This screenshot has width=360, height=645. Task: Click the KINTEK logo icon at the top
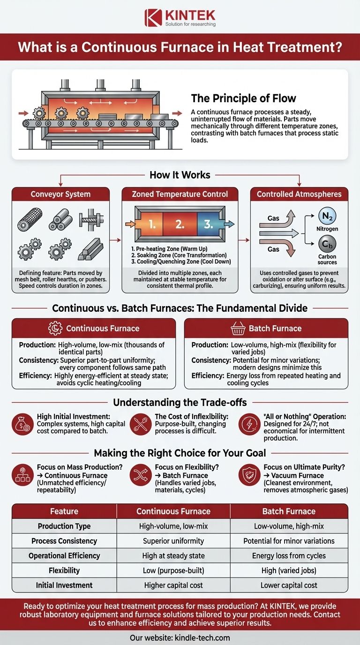153,18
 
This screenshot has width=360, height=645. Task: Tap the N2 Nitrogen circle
327,216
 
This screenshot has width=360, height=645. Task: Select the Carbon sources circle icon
327,244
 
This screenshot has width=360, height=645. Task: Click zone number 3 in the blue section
208,224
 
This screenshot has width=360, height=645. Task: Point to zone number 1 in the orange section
152,224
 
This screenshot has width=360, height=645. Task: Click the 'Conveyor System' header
60,194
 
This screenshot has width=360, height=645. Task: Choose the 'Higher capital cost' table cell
173,585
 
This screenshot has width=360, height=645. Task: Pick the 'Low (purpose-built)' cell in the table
173,570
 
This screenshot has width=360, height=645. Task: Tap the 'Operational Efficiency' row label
64,555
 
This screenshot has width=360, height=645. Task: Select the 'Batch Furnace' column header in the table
289,511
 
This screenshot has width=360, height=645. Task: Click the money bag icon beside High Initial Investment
23,424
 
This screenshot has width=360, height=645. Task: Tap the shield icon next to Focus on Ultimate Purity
249,475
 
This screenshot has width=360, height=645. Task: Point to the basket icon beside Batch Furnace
238,328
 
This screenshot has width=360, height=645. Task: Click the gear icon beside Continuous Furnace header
55,328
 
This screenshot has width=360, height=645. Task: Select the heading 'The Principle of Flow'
243,98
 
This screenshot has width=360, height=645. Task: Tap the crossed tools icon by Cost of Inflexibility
141,424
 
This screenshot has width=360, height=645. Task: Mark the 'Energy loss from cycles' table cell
289,555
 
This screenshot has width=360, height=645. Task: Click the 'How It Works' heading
180,175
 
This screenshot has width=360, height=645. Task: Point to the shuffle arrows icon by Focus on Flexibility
141,475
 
